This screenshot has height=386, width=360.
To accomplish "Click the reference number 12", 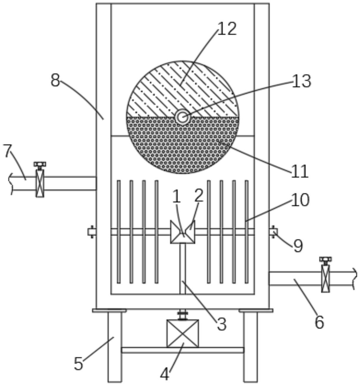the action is point(227,29).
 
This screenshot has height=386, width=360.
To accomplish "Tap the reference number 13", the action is point(301,81).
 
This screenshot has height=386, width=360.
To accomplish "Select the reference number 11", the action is point(300,171).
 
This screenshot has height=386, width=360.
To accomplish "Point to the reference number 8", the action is point(55,80).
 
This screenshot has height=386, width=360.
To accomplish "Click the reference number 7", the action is point(8,151).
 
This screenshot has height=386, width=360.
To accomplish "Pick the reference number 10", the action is point(300,200).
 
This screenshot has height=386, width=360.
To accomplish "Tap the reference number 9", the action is point(298,246).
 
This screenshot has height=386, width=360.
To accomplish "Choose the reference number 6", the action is point(319,322).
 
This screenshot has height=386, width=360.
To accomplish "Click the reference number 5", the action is point(79,364).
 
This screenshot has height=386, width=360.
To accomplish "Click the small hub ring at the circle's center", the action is point(182,117).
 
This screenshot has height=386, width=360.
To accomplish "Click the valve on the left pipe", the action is point(40,179).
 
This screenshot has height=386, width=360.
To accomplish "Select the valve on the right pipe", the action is point(326,274).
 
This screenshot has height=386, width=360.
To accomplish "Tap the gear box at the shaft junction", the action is point(183,232).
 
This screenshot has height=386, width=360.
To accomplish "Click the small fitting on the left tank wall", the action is point(92,232).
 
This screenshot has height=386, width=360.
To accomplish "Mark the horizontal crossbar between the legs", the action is point(183,350).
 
